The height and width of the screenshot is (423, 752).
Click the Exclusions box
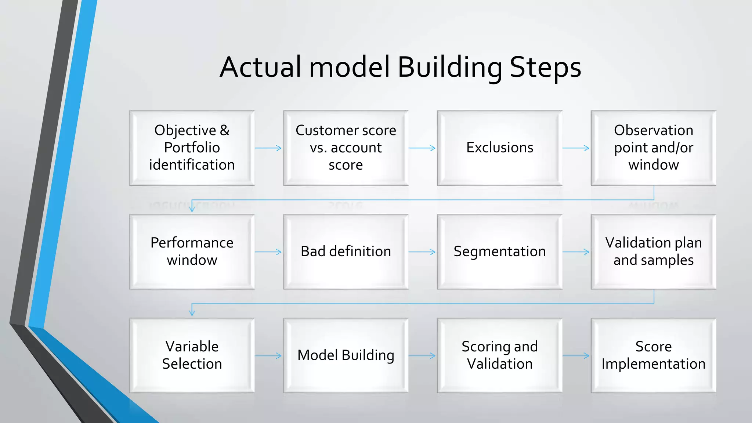[x=499, y=148]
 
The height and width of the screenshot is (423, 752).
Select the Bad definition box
[x=346, y=252]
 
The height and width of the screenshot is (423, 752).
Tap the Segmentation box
[x=499, y=252]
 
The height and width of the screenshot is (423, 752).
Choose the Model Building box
[x=346, y=355]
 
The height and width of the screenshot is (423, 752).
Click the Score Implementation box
[x=653, y=355]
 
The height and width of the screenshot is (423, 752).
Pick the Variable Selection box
[x=192, y=355]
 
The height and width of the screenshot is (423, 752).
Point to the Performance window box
[x=192, y=252]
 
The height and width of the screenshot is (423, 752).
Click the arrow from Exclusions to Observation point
[x=576, y=148]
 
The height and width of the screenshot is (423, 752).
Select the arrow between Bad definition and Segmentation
[x=422, y=252]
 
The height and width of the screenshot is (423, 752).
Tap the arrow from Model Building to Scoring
[x=422, y=355]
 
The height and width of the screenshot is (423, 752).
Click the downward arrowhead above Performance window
[x=192, y=209]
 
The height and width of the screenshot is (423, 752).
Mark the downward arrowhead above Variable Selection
[x=192, y=312]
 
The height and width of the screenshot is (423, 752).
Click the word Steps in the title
[x=545, y=68]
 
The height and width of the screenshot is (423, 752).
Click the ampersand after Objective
[x=225, y=130]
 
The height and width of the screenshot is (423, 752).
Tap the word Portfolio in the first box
[x=192, y=148]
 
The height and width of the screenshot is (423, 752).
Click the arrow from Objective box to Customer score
[x=268, y=148]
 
